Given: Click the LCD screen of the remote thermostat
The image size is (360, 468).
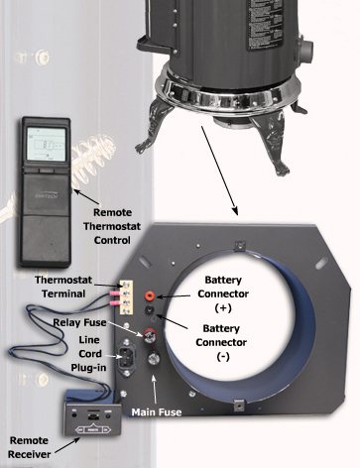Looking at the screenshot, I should [x=46, y=145].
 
